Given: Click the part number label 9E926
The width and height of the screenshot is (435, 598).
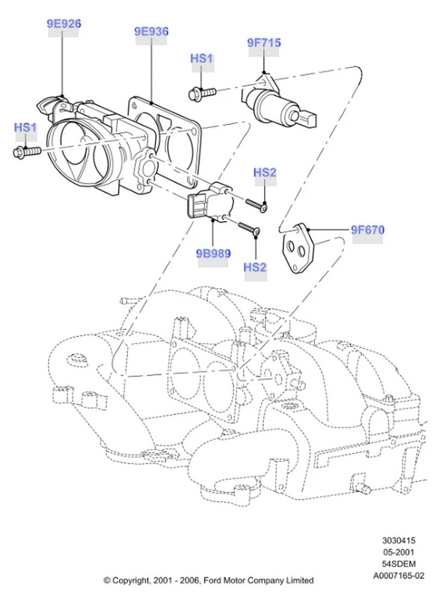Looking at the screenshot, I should click(64, 24).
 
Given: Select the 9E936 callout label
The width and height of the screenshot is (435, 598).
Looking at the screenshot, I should click(151, 32).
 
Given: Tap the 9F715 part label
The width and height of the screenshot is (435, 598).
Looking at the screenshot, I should click(264, 43).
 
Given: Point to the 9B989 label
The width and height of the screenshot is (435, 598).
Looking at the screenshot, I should click(213, 254).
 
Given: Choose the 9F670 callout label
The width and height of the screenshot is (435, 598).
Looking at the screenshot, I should click(367, 230).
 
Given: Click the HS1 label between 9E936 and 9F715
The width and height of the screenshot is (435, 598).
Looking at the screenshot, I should click(201, 59).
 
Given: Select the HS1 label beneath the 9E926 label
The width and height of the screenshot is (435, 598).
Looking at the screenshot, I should click(26, 128).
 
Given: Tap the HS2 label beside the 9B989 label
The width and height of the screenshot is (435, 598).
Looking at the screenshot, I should click(255, 267).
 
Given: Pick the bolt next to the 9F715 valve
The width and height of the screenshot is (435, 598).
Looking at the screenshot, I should click(201, 93).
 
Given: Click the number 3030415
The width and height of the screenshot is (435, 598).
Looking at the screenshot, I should click(399, 541).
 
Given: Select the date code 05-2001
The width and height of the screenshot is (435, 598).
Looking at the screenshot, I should click(399, 553).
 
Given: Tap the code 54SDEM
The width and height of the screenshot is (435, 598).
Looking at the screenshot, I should click(399, 564).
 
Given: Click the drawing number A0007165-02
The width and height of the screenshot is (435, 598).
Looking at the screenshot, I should click(399, 576).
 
